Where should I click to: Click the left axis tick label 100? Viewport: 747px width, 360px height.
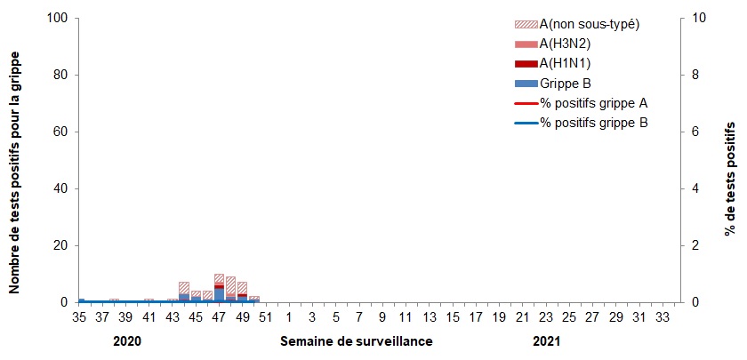[x=58, y=18]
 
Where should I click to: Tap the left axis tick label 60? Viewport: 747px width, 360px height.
[x=61, y=132]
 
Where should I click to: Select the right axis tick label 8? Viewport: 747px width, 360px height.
[x=694, y=75]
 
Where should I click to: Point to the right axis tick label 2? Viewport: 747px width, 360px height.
[x=694, y=245]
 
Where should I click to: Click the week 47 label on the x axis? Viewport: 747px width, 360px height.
[x=219, y=316]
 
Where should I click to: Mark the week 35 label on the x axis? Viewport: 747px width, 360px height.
[x=78, y=316]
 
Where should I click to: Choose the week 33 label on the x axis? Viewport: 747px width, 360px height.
[x=661, y=316]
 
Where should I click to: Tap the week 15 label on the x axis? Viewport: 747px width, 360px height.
[x=452, y=316]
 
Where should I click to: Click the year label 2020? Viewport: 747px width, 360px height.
[x=127, y=341]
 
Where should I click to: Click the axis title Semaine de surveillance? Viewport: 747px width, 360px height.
[x=357, y=341]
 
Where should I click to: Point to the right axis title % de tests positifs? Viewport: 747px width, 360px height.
[x=731, y=161]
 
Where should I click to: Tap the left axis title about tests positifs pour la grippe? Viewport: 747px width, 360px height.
[x=16, y=161]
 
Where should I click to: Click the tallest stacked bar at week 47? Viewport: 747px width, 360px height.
[x=219, y=288]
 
